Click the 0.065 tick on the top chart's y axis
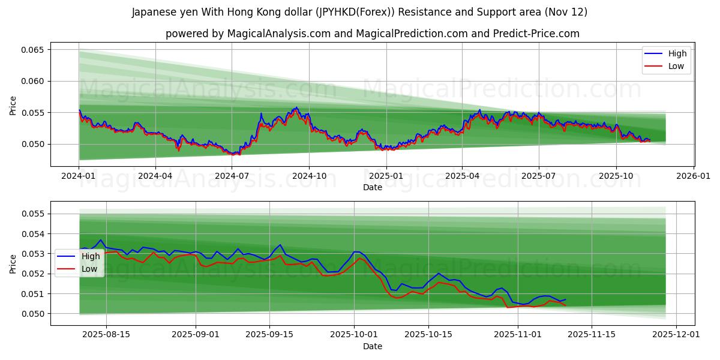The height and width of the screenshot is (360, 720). click(34, 50)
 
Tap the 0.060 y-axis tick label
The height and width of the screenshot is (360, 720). click(34, 81)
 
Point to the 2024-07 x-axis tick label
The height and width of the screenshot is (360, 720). click(232, 176)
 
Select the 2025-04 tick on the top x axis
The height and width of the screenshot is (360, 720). click(462, 176)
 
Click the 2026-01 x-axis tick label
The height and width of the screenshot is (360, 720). click(694, 176)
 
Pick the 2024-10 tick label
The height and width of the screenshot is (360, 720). click(309, 176)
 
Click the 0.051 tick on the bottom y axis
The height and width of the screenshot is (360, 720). click(34, 293)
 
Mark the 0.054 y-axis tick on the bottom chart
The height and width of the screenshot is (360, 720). click(34, 233)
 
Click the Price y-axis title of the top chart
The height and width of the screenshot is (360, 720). click(13, 105)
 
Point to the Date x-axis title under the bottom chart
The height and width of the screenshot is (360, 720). click(373, 346)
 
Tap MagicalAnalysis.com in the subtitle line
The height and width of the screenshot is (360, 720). click(279, 34)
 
